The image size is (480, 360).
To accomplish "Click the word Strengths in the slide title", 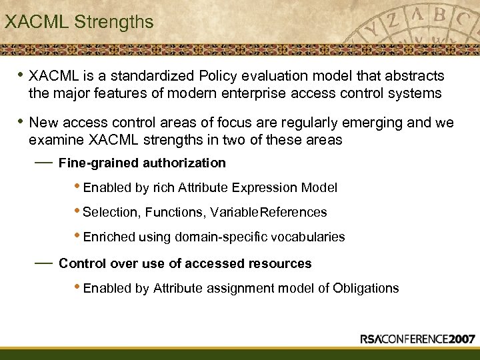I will tap(114, 22).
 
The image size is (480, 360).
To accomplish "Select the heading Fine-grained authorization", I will tap(142, 163).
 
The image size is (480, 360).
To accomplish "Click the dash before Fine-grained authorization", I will tap(43, 162).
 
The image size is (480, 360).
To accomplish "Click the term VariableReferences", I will tap(269, 213).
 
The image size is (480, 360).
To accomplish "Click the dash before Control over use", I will tap(43, 263).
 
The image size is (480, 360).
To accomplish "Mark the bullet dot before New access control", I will tap(21, 121).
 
